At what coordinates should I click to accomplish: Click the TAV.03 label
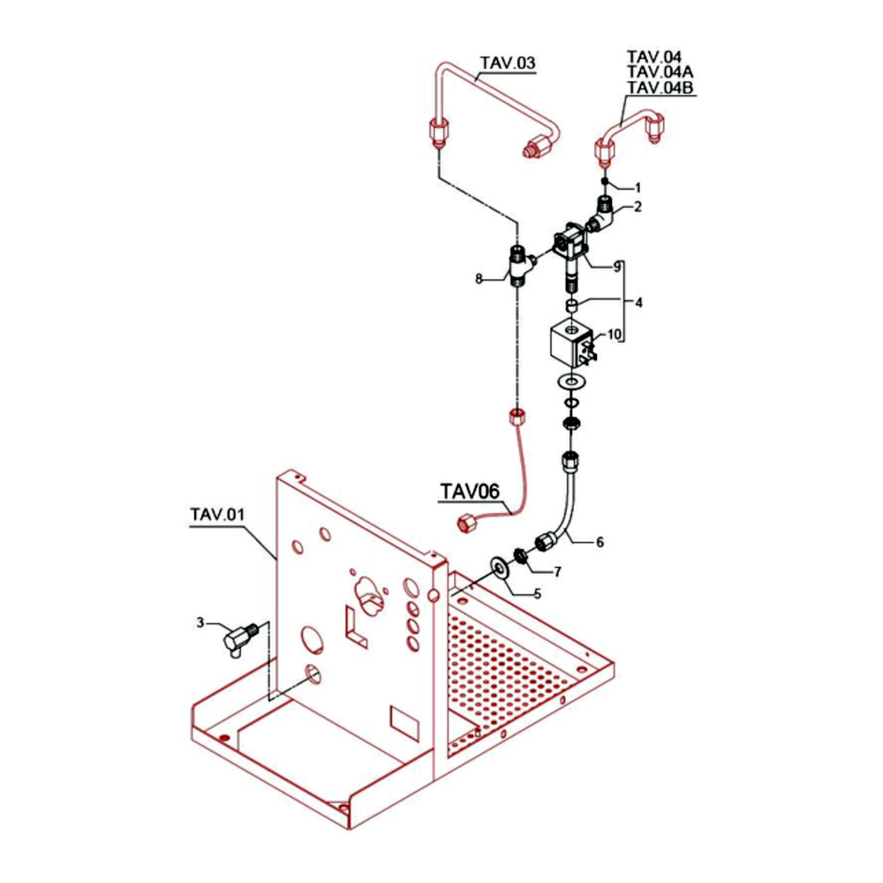pyautogui.click(x=508, y=63)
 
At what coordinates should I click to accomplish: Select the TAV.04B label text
pyautogui.click(x=660, y=87)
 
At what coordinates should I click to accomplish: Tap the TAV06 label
pyautogui.click(x=470, y=491)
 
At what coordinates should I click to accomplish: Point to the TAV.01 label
pyautogui.click(x=217, y=515)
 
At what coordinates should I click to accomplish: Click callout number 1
pyautogui.click(x=638, y=187)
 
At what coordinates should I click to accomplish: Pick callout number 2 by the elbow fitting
pyautogui.click(x=637, y=207)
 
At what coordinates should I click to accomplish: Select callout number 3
pyautogui.click(x=200, y=623)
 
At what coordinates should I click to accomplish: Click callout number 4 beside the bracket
pyautogui.click(x=638, y=302)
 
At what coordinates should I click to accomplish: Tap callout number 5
pyautogui.click(x=537, y=593)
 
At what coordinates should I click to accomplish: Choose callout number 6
pyautogui.click(x=600, y=542)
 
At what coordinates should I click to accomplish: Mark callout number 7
pyautogui.click(x=557, y=572)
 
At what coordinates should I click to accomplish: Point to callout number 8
pyautogui.click(x=479, y=279)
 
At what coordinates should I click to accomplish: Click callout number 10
pyautogui.click(x=614, y=335)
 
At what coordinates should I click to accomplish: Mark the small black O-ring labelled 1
pyautogui.click(x=604, y=181)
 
